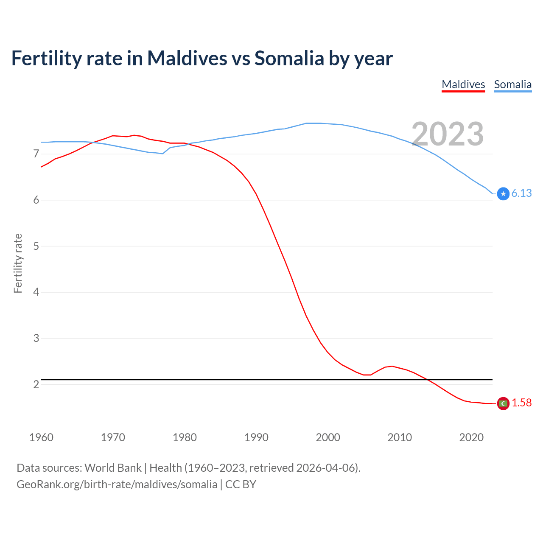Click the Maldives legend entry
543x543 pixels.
(463, 84)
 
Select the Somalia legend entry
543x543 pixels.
(512, 84)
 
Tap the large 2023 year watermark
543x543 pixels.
(448, 134)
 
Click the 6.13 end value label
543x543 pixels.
(521, 193)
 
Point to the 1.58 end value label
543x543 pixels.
(521, 403)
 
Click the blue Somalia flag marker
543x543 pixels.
(503, 194)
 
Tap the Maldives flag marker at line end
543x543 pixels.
(503, 403)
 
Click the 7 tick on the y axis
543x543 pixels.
(36, 154)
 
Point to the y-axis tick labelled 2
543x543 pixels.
(36, 384)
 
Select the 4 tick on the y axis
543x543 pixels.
(36, 292)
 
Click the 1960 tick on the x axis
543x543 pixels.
(41, 437)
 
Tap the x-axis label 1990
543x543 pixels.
(256, 437)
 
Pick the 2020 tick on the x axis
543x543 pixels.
(471, 437)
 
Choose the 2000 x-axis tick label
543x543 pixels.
(328, 437)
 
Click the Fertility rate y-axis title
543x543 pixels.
(18, 263)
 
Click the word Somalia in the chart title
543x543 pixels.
(289, 58)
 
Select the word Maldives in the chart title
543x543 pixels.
(187, 58)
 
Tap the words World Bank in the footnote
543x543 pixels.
(113, 468)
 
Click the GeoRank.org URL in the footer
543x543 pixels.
(117, 484)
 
